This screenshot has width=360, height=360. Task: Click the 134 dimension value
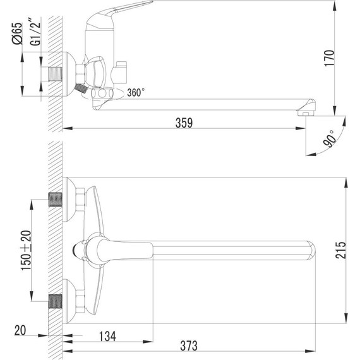pyautogui.click(x=108, y=336)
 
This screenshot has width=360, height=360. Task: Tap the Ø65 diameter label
pyautogui.click(x=17, y=32)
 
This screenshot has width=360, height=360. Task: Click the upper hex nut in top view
pyautogui.click(x=79, y=201)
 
